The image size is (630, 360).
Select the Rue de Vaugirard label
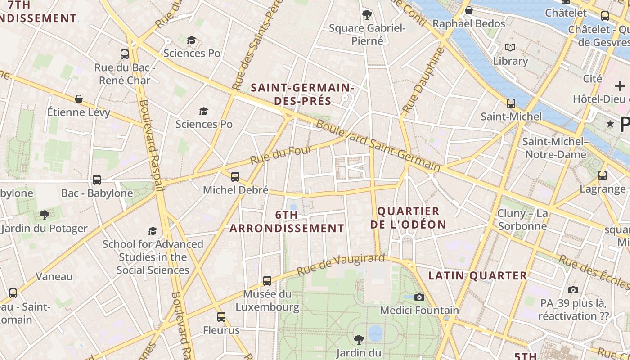pos(341,265)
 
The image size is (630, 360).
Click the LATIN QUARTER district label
pos(477,276)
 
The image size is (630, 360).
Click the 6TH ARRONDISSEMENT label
pos(287,221)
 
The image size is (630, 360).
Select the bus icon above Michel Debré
pos(235,176)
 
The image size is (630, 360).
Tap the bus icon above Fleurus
pos(221,316)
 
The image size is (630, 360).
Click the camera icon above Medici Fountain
pos(419,297)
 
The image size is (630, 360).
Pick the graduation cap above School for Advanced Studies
pos(153,231)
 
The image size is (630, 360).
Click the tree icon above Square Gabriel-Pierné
pos(367,14)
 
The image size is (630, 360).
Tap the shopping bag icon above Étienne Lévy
pos(79,99)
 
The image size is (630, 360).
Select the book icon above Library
pos(510,47)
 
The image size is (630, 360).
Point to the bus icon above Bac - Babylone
pos(97,180)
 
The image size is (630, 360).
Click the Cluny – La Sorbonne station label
pos(522,219)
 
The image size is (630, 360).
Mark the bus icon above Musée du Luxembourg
pos(267,280)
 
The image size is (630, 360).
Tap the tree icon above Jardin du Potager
pos(44,215)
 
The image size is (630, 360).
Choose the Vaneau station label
pos(54,276)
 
